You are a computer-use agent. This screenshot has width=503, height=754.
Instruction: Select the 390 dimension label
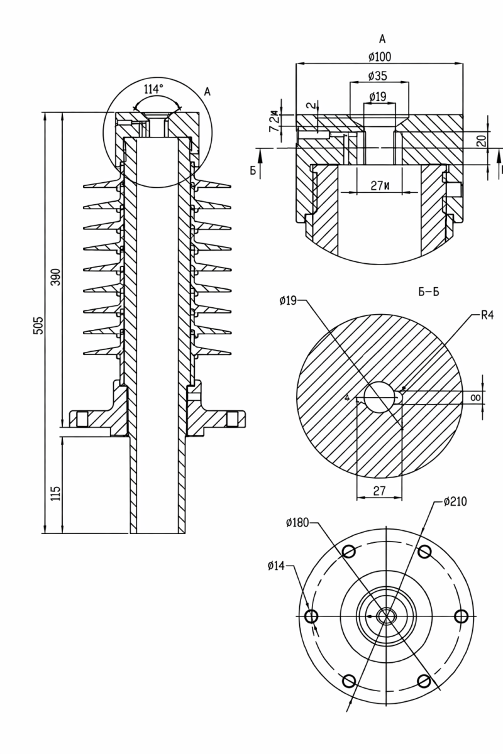coord(55,276)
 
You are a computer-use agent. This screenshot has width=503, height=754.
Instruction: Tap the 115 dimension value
coord(55,493)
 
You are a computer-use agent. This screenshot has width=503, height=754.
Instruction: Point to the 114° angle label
coord(153,89)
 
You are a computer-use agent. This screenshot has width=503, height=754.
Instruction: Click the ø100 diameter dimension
coord(380,57)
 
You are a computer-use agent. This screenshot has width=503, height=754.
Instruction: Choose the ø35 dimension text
coord(377,76)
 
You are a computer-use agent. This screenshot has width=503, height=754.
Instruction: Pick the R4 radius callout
coord(487,315)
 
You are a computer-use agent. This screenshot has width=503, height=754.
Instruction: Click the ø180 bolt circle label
coord(297,522)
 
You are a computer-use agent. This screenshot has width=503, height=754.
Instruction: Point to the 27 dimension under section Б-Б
coord(379,491)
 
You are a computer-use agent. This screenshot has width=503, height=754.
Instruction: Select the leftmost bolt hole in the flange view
coord(311,616)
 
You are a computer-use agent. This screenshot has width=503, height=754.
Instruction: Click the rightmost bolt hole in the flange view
coord(461,616)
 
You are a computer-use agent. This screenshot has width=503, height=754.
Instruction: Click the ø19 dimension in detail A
coord(378,97)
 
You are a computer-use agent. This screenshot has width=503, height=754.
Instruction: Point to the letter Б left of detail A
coord(253,170)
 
